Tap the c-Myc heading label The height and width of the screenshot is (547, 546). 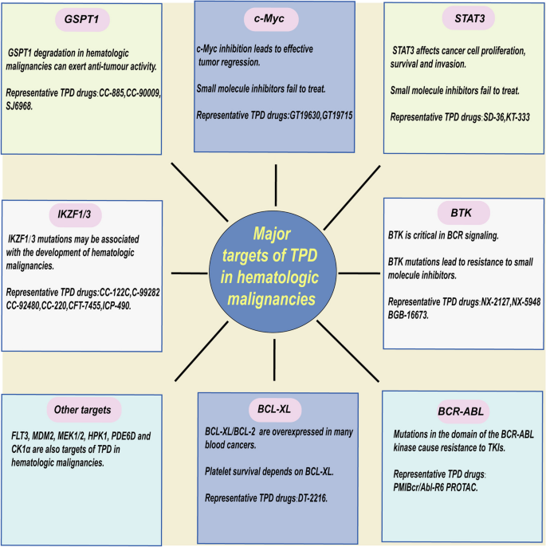pyautogui.click(x=272, y=18)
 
